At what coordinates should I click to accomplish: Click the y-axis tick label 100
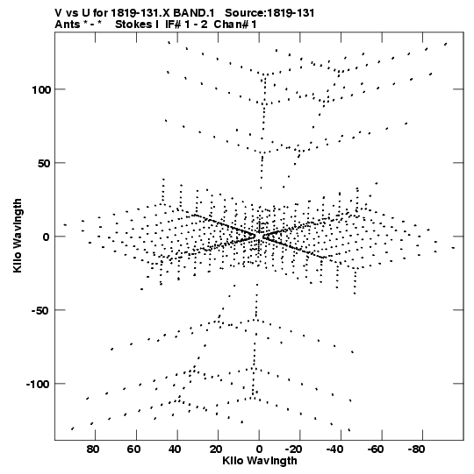(40, 89)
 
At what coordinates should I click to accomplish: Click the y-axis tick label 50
(43, 164)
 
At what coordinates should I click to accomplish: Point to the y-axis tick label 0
(46, 237)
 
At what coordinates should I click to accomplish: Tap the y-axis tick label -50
(40, 311)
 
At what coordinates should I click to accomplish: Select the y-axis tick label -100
(38, 385)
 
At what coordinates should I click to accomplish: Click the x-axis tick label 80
(93, 449)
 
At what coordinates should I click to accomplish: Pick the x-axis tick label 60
(134, 449)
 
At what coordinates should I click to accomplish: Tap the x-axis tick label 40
(175, 449)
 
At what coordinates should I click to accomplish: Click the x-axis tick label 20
(216, 449)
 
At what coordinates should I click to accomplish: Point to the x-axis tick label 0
(259, 449)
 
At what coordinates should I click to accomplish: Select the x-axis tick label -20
(294, 449)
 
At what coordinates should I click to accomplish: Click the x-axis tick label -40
(334, 449)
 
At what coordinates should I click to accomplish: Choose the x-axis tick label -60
(376, 449)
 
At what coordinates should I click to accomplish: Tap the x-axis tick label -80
(416, 449)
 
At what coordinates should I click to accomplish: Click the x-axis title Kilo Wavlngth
(260, 461)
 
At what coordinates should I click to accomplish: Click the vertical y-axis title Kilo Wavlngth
(18, 236)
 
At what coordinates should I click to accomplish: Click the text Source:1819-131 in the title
(269, 13)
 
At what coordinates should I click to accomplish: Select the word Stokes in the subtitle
(134, 25)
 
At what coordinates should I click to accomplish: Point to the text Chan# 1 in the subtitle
(235, 25)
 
